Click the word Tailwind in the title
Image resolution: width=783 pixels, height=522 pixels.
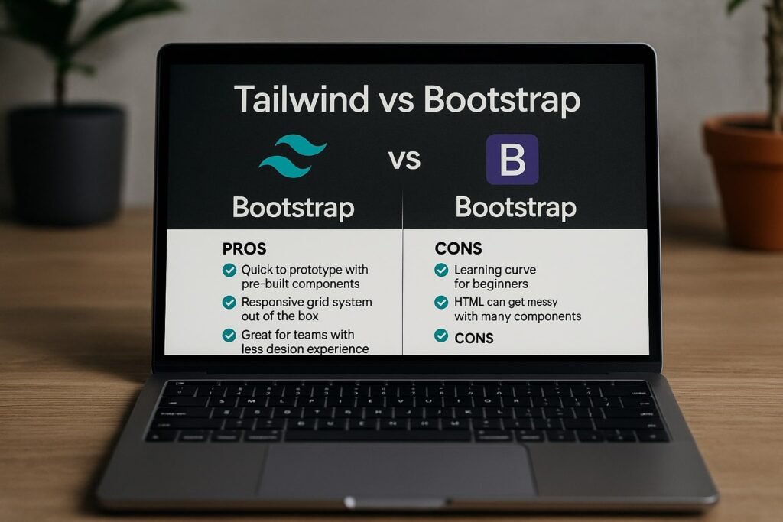301,99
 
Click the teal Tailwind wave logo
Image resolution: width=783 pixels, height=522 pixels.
293,156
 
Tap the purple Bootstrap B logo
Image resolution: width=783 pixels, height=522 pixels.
512,159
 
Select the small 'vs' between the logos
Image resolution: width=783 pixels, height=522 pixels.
404,160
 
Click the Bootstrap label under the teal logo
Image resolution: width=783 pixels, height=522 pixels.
294,208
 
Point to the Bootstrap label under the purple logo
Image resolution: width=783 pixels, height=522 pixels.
516,208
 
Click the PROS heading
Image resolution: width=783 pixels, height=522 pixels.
244,248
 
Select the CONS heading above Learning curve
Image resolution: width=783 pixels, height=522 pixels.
459,248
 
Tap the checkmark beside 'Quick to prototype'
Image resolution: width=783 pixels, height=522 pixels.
229,270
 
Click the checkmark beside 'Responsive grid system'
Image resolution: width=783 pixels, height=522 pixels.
229,303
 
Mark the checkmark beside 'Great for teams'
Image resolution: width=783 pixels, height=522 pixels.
229,335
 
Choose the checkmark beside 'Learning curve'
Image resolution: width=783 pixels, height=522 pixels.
441,270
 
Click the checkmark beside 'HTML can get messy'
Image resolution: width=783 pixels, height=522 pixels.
441,303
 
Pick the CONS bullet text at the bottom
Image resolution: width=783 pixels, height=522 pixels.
474,339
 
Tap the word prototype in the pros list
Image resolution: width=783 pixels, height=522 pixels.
316,271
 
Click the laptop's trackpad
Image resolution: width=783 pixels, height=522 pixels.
397,471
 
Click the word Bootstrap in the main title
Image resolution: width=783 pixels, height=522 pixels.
502,99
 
